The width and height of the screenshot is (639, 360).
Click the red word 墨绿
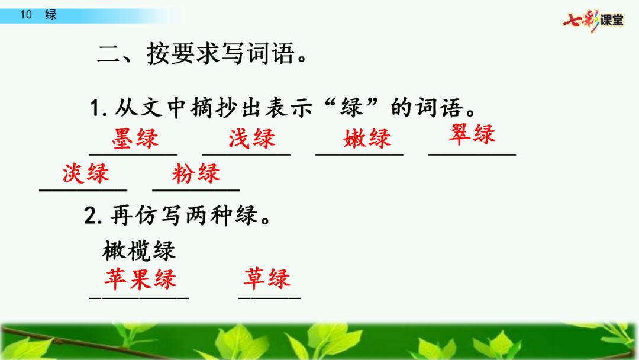pyautogui.click(x=135, y=139)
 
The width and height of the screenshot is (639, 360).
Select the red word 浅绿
pyautogui.click(x=252, y=139)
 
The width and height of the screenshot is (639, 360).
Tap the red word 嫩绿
pyautogui.click(x=367, y=139)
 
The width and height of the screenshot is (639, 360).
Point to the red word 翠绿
pyautogui.click(x=472, y=134)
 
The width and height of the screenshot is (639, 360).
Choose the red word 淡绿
pyautogui.click(x=86, y=173)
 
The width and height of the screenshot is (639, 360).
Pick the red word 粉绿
pyautogui.click(x=196, y=173)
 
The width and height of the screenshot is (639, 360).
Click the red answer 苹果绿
pyautogui.click(x=140, y=279)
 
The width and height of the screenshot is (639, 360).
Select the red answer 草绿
pyautogui.click(x=267, y=279)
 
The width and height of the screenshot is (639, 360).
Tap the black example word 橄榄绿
pyautogui.click(x=138, y=250)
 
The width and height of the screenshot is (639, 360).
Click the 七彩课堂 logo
pyautogui.click(x=593, y=20)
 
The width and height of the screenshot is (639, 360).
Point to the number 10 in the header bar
pyautogui.click(x=26, y=15)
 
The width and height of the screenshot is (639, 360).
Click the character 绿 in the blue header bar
pyautogui.click(x=51, y=15)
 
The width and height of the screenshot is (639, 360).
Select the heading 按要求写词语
pyautogui.click(x=221, y=53)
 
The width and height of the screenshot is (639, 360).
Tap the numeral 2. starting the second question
pyautogui.click(x=93, y=216)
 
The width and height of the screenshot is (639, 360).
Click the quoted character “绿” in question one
pyautogui.click(x=351, y=107)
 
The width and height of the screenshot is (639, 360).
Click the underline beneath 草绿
pyautogui.click(x=269, y=298)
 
